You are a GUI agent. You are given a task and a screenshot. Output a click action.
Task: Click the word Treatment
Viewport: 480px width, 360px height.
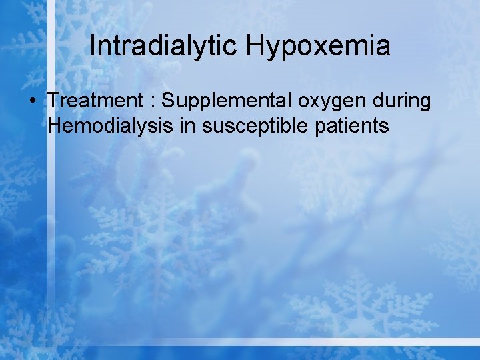click(94, 101)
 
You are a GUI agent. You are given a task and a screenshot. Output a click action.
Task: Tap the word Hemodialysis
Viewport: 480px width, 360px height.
click(111, 125)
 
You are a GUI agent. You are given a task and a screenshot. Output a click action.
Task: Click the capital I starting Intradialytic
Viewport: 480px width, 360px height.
click(92, 47)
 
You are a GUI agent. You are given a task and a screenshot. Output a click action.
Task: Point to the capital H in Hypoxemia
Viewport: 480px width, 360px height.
click(255, 47)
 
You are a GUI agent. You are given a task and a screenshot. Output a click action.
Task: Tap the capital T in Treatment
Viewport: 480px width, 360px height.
click(53, 101)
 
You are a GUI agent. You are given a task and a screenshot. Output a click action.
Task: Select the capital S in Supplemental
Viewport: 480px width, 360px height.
click(168, 101)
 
